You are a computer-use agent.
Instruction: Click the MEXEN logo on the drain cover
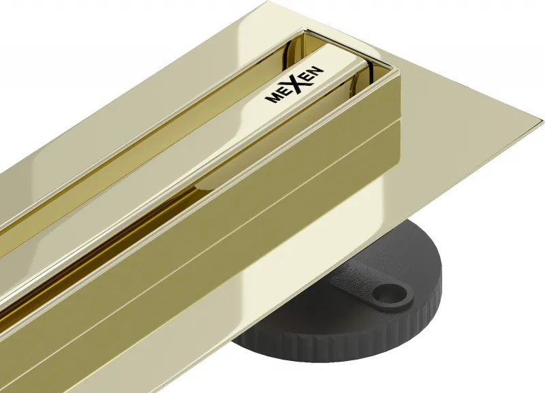click(294, 84)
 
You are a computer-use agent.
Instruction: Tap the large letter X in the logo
click(295, 83)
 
